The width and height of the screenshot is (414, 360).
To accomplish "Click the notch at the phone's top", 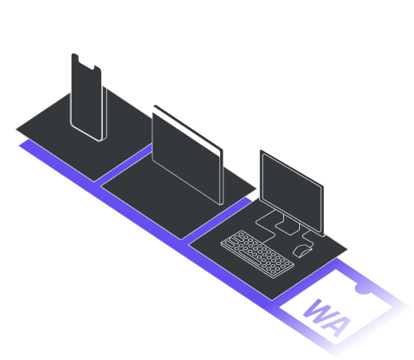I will (x=85, y=60).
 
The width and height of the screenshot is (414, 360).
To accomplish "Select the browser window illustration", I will (x=186, y=155).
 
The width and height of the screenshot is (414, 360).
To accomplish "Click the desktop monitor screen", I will (x=292, y=191).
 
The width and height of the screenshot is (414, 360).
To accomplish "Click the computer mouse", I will (x=302, y=251).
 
